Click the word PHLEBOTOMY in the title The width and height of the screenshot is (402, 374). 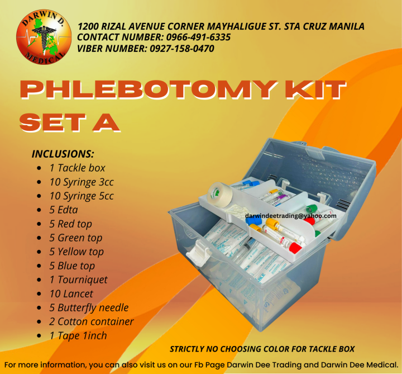pos(147,92)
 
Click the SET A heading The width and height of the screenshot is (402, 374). pos(69,122)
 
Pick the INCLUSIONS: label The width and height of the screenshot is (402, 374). pos(63,154)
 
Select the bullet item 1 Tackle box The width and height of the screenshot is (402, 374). pos(77,168)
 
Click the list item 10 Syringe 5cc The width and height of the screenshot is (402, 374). pos(82,196)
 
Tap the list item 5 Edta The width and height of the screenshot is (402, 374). pos(64,210)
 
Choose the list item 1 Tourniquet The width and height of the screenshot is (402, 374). pos(78,280)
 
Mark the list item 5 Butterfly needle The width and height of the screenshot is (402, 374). pos(89,307)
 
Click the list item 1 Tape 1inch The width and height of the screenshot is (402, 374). pos(78,335)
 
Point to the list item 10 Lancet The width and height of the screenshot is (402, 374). pos(71,293)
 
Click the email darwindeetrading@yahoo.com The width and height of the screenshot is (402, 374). pos(291,215)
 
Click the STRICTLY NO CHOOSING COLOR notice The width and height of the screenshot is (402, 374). pos(262,349)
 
